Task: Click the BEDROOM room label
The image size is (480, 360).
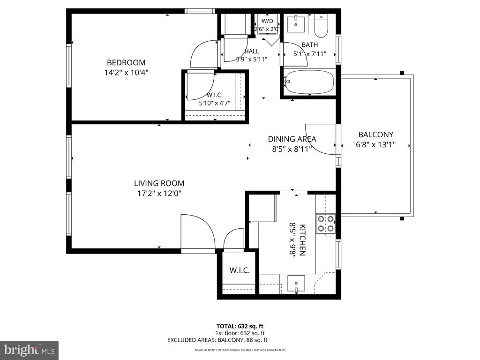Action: [126, 62]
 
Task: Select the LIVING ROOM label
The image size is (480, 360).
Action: [159, 183]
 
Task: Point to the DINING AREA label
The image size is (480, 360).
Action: [292, 139]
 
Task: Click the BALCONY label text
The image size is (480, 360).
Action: [375, 135]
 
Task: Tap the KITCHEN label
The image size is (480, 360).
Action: [302, 240]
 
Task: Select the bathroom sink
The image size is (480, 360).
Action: [296, 24]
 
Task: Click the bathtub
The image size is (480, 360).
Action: [308, 82]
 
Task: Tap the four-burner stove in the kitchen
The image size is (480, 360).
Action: [326, 224]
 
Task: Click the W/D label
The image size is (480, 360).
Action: [267, 21]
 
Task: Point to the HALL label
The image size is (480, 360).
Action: [252, 52]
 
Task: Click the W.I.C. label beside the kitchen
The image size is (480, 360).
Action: [240, 270]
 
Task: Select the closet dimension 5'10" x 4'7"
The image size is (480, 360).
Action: [215, 103]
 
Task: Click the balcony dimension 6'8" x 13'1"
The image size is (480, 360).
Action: [375, 144]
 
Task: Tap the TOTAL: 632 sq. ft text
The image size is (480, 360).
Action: [240, 326]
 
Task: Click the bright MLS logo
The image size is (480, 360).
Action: [29, 350]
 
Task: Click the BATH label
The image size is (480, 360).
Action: [310, 45]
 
